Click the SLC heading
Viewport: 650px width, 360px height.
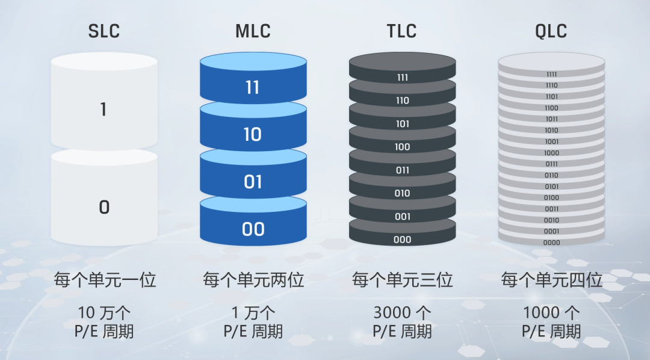[x=104, y=31]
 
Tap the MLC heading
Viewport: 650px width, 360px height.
[x=253, y=31]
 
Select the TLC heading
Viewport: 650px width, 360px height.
[x=402, y=31]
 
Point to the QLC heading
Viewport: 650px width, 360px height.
[x=551, y=31]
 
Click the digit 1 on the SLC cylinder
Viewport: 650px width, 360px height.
[x=104, y=110]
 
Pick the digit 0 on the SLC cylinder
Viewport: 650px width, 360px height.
[x=104, y=207]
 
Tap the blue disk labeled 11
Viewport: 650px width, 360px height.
[x=253, y=88]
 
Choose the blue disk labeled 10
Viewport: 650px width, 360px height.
[x=253, y=134]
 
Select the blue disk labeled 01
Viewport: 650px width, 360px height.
[x=253, y=181]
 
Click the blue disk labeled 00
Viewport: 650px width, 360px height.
[x=253, y=229]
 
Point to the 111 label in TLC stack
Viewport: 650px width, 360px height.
[x=403, y=78]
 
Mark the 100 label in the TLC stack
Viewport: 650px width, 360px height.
[x=403, y=147]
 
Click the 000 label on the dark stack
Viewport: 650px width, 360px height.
[x=403, y=240]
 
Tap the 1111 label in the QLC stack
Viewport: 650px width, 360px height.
[x=551, y=75]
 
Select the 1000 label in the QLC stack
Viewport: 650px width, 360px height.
[x=551, y=153]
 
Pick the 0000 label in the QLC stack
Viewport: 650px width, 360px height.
[x=551, y=243]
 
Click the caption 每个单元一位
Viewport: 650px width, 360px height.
[x=105, y=280]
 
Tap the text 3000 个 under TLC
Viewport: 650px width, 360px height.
[x=402, y=313]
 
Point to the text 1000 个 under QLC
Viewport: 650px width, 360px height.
[x=551, y=313]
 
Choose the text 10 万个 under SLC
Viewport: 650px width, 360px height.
[x=105, y=313]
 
